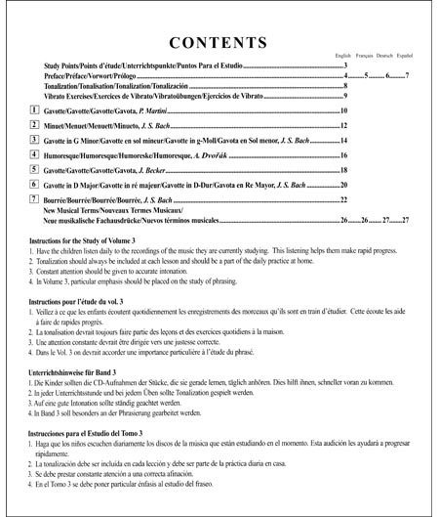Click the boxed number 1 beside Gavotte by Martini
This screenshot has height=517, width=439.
pyautogui.click(x=35, y=110)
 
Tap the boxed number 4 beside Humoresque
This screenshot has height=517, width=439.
pyautogui.click(x=35, y=154)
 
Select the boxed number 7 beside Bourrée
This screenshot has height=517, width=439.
pyautogui.click(x=35, y=197)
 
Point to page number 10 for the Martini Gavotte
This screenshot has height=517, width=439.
pyautogui.click(x=345, y=112)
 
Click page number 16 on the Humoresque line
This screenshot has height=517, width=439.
pyautogui.click(x=345, y=155)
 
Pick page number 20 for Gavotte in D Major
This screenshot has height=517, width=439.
pyautogui.click(x=345, y=185)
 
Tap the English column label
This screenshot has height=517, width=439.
pyautogui.click(x=343, y=58)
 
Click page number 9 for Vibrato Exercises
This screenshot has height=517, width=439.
pyautogui.click(x=345, y=96)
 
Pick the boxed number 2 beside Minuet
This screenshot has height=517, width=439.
pyautogui.click(x=35, y=125)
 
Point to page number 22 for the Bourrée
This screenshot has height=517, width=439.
pyautogui.click(x=345, y=198)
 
